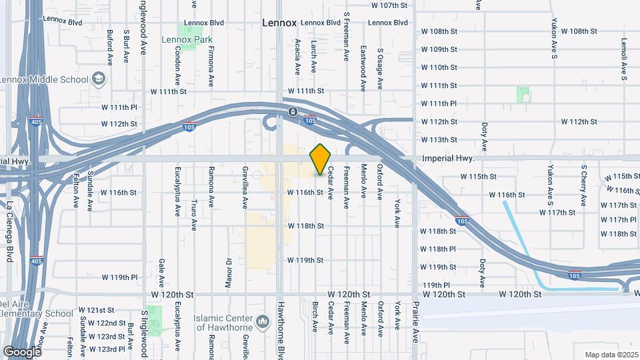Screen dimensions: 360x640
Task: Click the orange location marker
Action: click(x=321, y=159)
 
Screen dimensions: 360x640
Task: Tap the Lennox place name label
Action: click(x=279, y=23)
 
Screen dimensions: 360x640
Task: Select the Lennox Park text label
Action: click(x=187, y=40)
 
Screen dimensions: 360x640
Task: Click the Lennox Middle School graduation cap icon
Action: click(x=99, y=79)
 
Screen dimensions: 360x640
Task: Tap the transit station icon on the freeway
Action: click(x=292, y=111)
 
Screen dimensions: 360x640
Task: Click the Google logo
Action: click(x=22, y=351)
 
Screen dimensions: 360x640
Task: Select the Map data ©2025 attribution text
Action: click(x=611, y=355)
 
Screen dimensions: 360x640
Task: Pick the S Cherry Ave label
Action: click(x=583, y=185)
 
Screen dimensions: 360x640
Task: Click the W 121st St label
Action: click(x=97, y=310)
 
